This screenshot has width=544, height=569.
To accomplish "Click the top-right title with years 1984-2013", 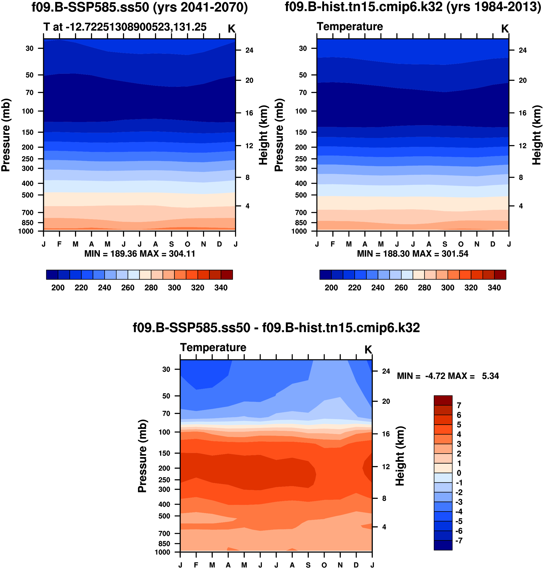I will tap(413, 7).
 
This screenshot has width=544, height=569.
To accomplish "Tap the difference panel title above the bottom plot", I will tap(276, 328).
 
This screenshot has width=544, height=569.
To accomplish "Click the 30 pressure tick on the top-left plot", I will tap(30, 48).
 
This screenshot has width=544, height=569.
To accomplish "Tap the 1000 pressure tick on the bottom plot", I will tap(162, 552).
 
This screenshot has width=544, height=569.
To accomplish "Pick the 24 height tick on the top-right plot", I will tap(523, 50).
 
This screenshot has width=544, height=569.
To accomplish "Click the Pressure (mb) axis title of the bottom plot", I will tap(142, 456).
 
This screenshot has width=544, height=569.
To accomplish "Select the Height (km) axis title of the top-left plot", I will tap(263, 135).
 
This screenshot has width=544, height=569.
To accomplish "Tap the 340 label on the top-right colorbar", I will tap(494, 288).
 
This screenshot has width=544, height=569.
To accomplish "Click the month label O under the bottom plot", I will tap(324, 565).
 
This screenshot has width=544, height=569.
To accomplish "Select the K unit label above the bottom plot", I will tap(368, 350).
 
